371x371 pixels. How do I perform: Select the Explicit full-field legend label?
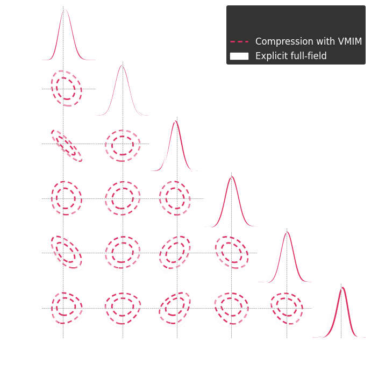[291, 56]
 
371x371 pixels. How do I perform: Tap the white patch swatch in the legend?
[239, 56]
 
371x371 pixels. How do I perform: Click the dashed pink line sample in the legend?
[239, 42]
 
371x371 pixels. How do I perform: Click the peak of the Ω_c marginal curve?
[65, 10]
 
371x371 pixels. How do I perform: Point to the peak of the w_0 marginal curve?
[340, 288]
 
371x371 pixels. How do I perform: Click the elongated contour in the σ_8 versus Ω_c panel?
[67, 146]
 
